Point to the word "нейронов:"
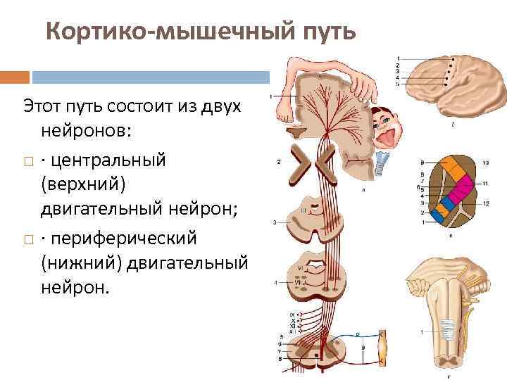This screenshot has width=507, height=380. click(x=91, y=132)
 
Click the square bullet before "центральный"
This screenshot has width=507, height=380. click(x=27, y=161)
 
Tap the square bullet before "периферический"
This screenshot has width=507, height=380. click(x=27, y=241)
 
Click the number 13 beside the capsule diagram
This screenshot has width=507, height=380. click(x=486, y=163)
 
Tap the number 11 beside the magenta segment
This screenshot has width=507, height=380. click(x=486, y=183)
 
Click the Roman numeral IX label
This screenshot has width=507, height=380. click(x=292, y=314)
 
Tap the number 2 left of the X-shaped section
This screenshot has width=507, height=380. click(x=279, y=162)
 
